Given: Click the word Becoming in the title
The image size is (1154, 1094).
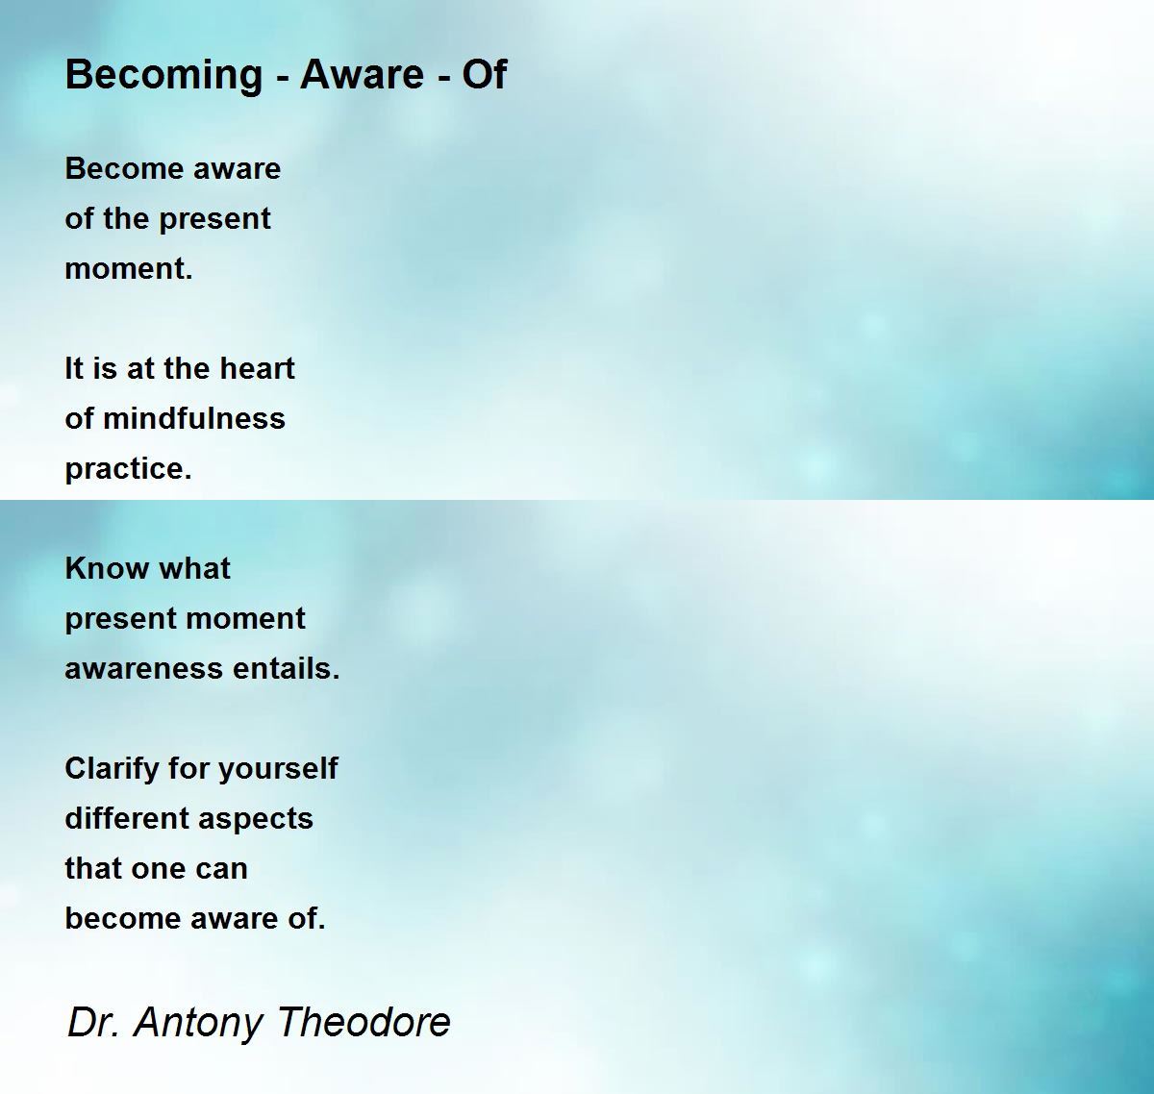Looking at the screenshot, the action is click(163, 75).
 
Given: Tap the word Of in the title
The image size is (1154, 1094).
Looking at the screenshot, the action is click(485, 75).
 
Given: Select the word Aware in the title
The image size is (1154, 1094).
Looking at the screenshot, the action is click(363, 75).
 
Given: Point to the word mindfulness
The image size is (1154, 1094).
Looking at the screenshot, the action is click(193, 419).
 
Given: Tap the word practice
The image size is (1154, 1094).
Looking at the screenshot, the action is click(128, 469).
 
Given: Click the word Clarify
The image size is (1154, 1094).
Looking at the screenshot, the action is click(112, 769).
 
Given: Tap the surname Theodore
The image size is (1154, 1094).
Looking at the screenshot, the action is click(364, 1022).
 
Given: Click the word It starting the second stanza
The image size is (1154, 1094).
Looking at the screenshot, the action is click(73, 368).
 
